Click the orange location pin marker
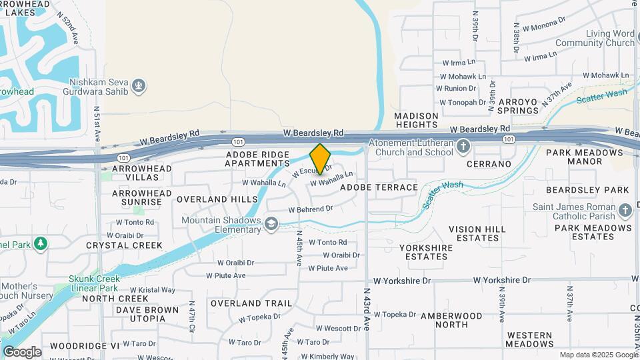tap(320, 159)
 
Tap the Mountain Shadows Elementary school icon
tap(271, 223)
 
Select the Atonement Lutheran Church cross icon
tap(463, 145)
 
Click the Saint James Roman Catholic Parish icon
tap(625, 211)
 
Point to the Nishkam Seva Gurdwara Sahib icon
tap(139, 86)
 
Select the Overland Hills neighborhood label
tap(217, 199)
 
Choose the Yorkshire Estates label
tap(425, 252)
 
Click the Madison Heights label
tap(417, 120)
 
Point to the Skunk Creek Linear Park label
tap(94, 283)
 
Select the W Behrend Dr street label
tap(310, 209)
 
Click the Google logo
tap(21, 351)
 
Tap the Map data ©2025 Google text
tap(598, 355)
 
